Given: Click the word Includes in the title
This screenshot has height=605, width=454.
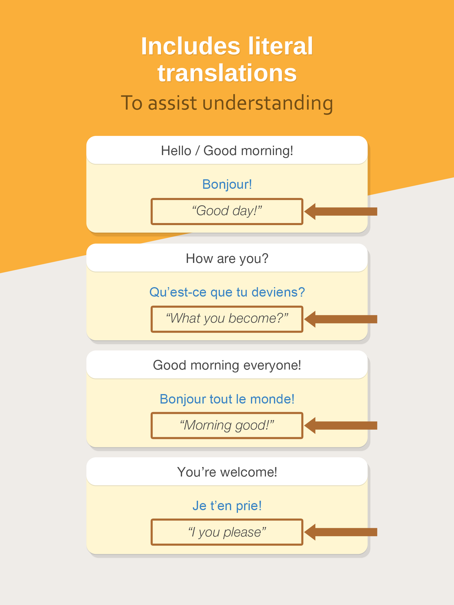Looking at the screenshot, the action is (x=191, y=46).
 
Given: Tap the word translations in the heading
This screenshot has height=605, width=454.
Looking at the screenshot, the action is (x=227, y=73).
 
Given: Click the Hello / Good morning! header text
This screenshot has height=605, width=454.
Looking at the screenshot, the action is (x=227, y=151).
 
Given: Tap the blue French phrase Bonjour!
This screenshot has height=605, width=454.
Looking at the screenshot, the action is (x=227, y=184).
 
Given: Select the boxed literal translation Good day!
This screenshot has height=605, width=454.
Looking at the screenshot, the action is (x=227, y=211).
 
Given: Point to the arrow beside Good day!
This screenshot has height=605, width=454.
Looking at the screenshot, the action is (x=341, y=212).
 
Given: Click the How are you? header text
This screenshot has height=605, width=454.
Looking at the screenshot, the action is (x=227, y=258).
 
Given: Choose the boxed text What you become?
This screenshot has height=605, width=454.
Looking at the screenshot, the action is (x=227, y=318).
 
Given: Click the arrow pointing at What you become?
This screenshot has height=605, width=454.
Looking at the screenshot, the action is (x=341, y=319).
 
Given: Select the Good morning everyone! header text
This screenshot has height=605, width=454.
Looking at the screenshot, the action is (x=227, y=365).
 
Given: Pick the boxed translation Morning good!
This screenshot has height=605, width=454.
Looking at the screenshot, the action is (x=227, y=425).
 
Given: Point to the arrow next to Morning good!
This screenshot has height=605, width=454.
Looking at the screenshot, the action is (x=341, y=425).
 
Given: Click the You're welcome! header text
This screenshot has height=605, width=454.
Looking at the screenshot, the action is (x=227, y=472).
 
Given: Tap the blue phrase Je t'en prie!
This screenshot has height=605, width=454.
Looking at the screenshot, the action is (x=227, y=506).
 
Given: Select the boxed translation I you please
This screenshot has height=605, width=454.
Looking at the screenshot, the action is (x=227, y=532).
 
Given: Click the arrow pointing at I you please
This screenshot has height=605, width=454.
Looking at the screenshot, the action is (x=341, y=532).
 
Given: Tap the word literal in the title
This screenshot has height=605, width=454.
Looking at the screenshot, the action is (x=280, y=46).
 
